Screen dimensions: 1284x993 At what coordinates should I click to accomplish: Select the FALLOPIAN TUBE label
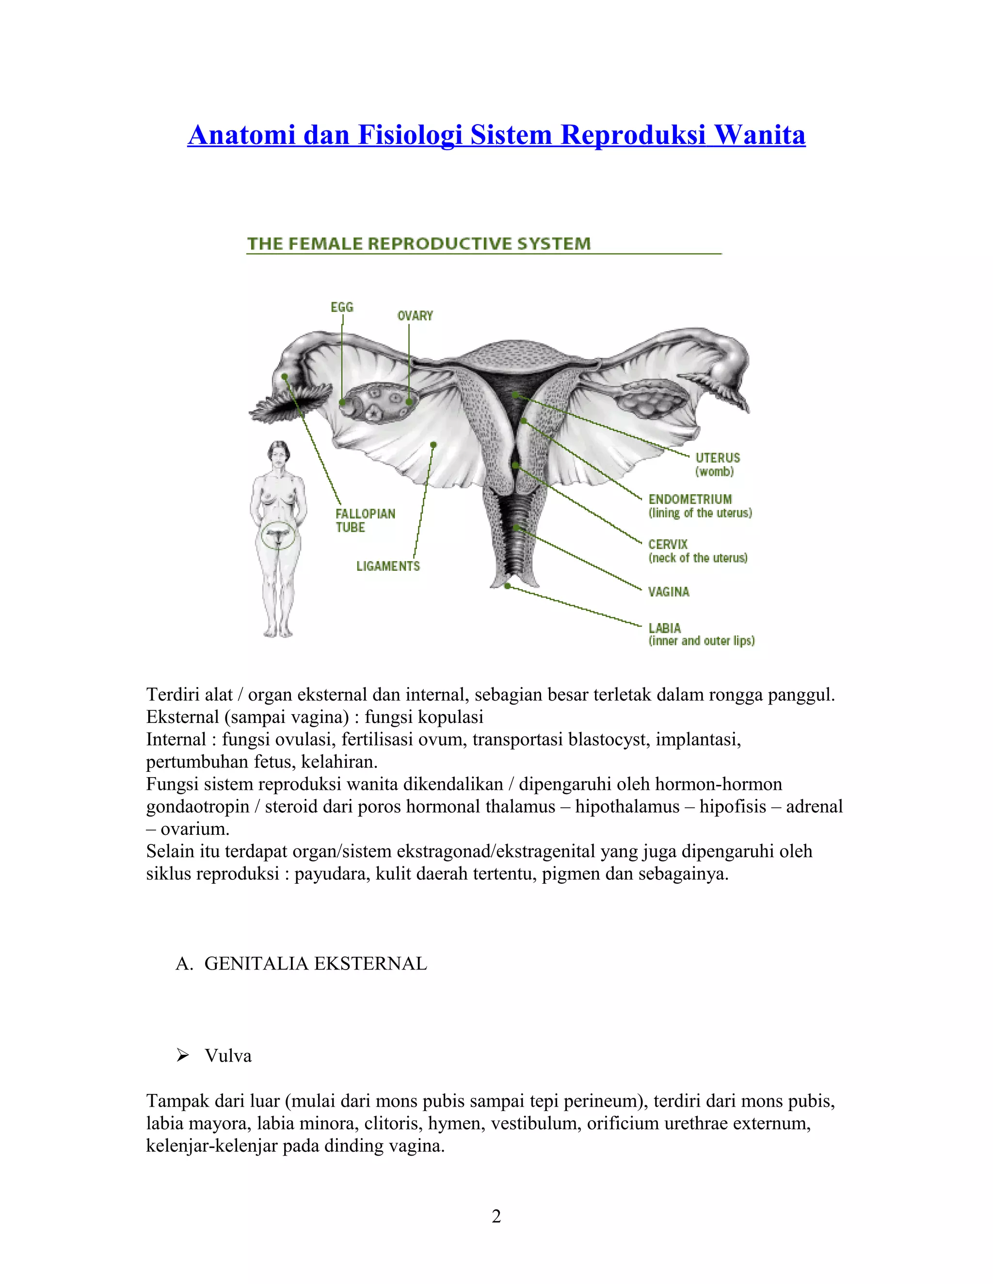[x=365, y=520]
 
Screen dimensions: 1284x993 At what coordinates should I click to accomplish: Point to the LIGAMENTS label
[x=388, y=566]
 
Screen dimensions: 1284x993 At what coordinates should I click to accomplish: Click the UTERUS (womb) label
[x=717, y=464]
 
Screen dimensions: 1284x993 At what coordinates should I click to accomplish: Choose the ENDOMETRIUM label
[x=690, y=499]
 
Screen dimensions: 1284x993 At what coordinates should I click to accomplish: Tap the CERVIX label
[x=668, y=545]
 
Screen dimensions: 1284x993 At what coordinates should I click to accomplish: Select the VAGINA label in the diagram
[x=668, y=592]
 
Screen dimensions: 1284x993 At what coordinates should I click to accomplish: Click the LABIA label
[x=665, y=628]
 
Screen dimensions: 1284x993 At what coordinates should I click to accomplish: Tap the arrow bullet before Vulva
[x=182, y=1056]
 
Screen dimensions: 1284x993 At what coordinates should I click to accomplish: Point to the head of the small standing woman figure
[x=279, y=452]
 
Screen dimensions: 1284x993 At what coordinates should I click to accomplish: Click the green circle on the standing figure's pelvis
[x=278, y=535]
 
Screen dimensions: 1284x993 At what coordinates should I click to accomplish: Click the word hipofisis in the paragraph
[x=733, y=806]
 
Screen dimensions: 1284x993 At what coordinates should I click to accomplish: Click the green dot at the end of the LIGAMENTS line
[x=433, y=444]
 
